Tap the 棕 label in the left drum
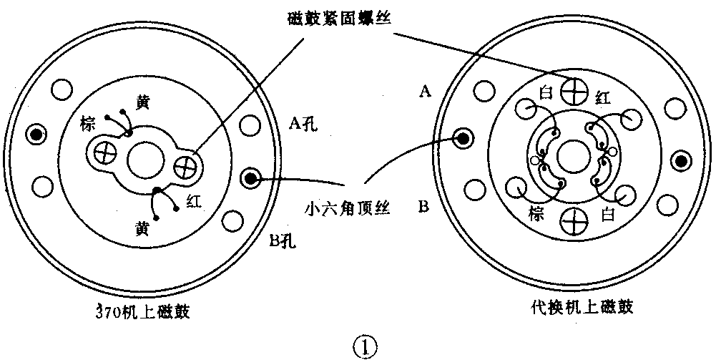point(89,125)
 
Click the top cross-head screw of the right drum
point(575,91)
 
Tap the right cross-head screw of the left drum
point(187,166)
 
